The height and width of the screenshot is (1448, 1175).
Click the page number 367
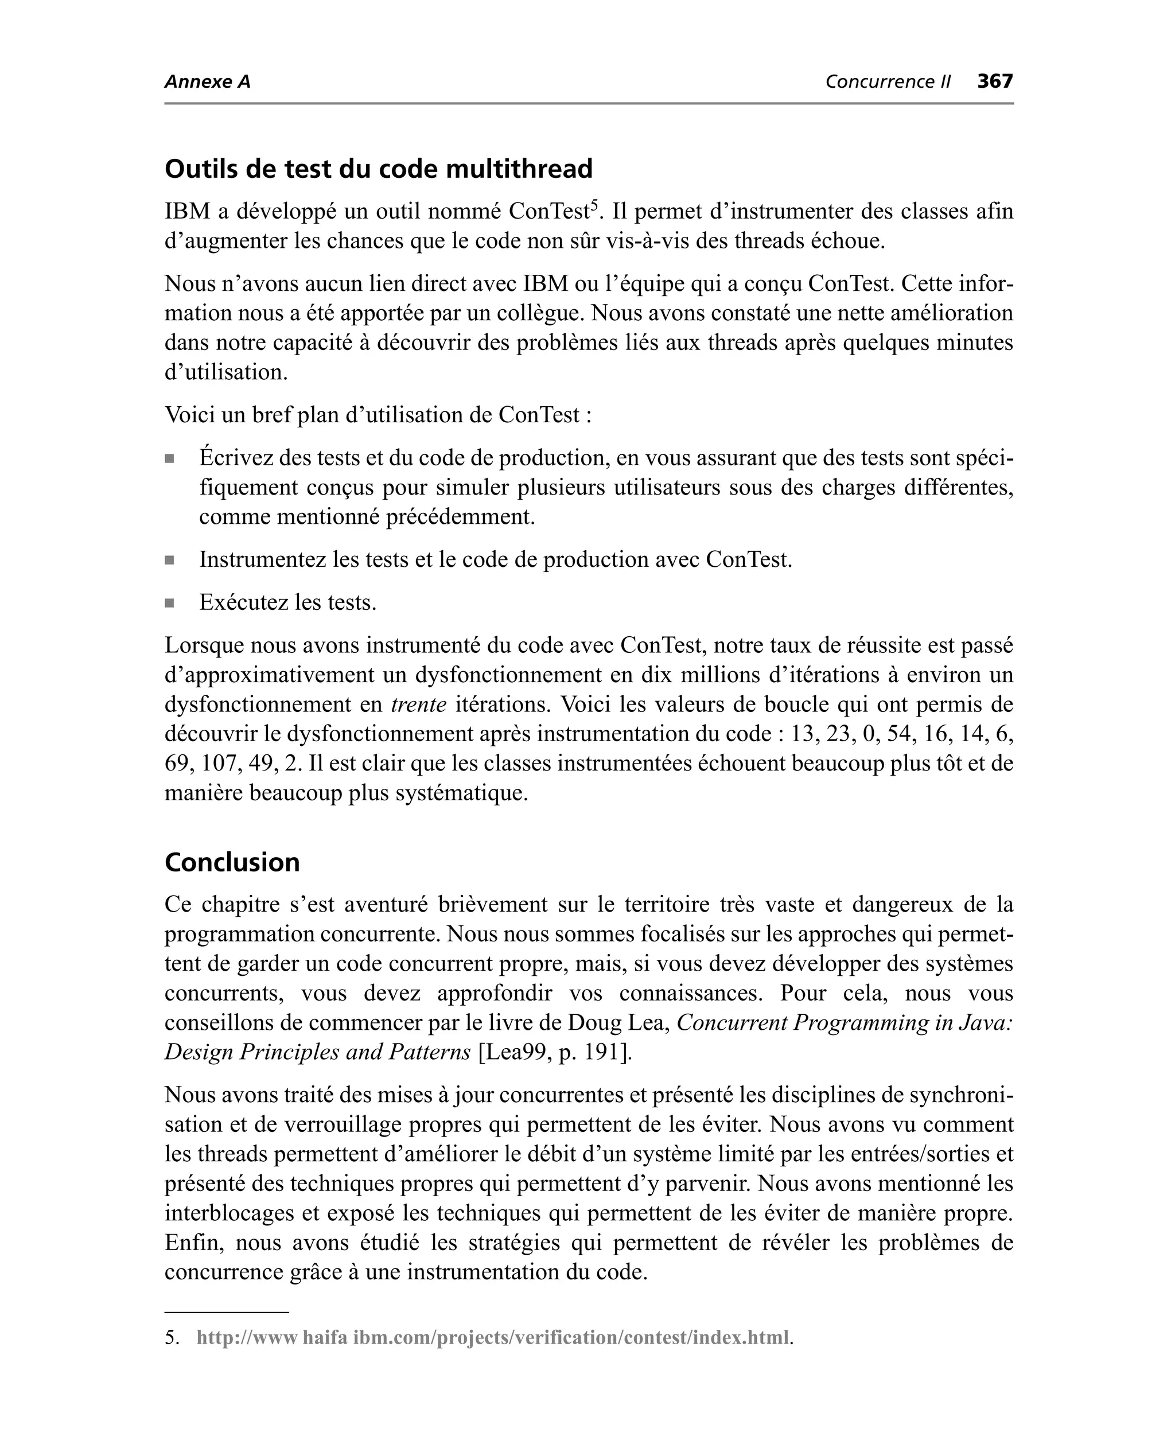coord(994,81)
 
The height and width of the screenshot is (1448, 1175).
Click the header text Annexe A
coord(207,82)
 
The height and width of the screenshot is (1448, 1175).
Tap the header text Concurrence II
coord(888,82)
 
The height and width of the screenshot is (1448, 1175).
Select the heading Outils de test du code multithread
coord(378,169)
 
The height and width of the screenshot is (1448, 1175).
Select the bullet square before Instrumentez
coord(169,560)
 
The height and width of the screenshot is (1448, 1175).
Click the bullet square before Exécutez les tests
coord(169,603)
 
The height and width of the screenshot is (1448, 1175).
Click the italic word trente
coord(418,704)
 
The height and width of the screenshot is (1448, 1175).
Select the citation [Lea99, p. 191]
coord(554,1052)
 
